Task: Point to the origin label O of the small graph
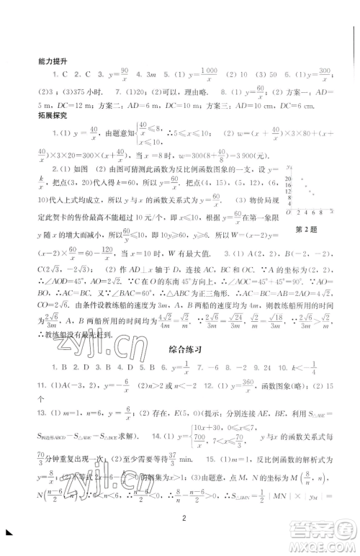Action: click(x=288, y=212)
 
